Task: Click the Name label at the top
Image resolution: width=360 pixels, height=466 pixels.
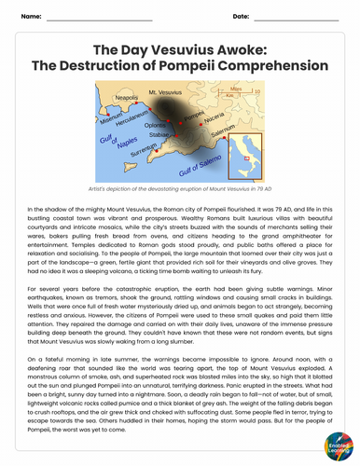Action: pos(30,17)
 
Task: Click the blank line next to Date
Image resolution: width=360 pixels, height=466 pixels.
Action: pos(298,19)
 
